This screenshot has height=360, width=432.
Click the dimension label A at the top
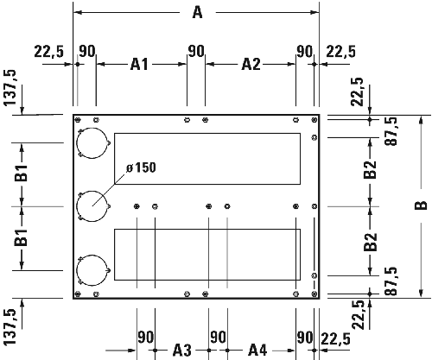(196, 12)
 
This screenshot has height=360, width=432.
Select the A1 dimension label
(141, 64)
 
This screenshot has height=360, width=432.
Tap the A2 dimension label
(251, 64)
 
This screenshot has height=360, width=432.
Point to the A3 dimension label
(181, 349)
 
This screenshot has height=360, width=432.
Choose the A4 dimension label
(257, 349)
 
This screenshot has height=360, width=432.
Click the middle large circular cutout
(92, 206)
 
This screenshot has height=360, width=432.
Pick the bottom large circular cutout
(92, 270)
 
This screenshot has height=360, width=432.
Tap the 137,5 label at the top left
(10, 89)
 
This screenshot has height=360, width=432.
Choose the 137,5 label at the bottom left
(10, 325)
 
